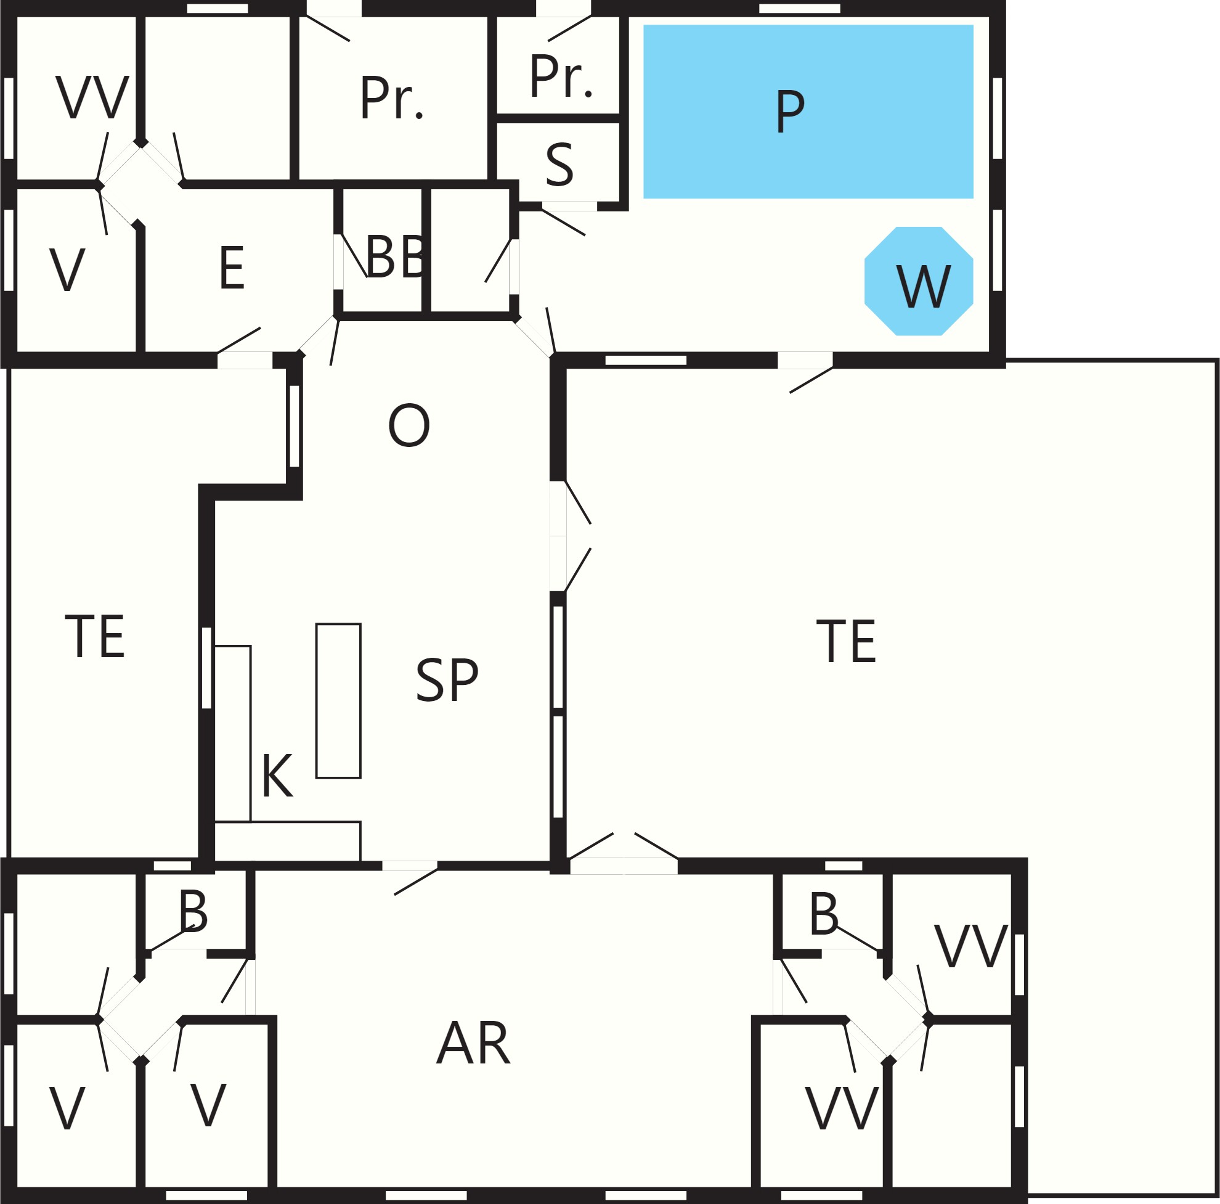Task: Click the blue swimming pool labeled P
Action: [808, 112]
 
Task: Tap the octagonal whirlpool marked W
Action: [919, 281]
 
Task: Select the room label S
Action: [559, 165]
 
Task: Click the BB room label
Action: [397, 257]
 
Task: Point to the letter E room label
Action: [232, 268]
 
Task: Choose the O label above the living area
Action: [409, 425]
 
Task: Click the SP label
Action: [447, 680]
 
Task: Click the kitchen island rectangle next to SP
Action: [338, 701]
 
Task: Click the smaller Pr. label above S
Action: [561, 76]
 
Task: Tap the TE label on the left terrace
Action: [95, 637]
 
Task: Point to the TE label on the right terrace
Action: [846, 641]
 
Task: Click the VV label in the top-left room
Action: [92, 97]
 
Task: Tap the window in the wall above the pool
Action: [799, 8]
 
